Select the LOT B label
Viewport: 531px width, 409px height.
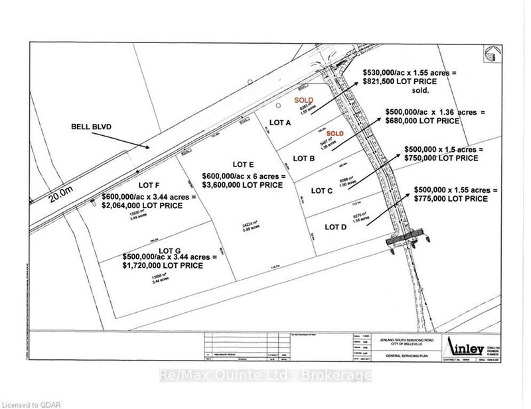303,158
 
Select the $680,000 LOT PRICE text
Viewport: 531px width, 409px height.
424,121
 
